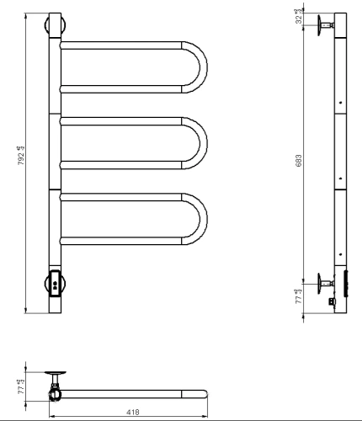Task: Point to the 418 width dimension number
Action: point(132,412)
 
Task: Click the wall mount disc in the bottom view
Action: point(56,375)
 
